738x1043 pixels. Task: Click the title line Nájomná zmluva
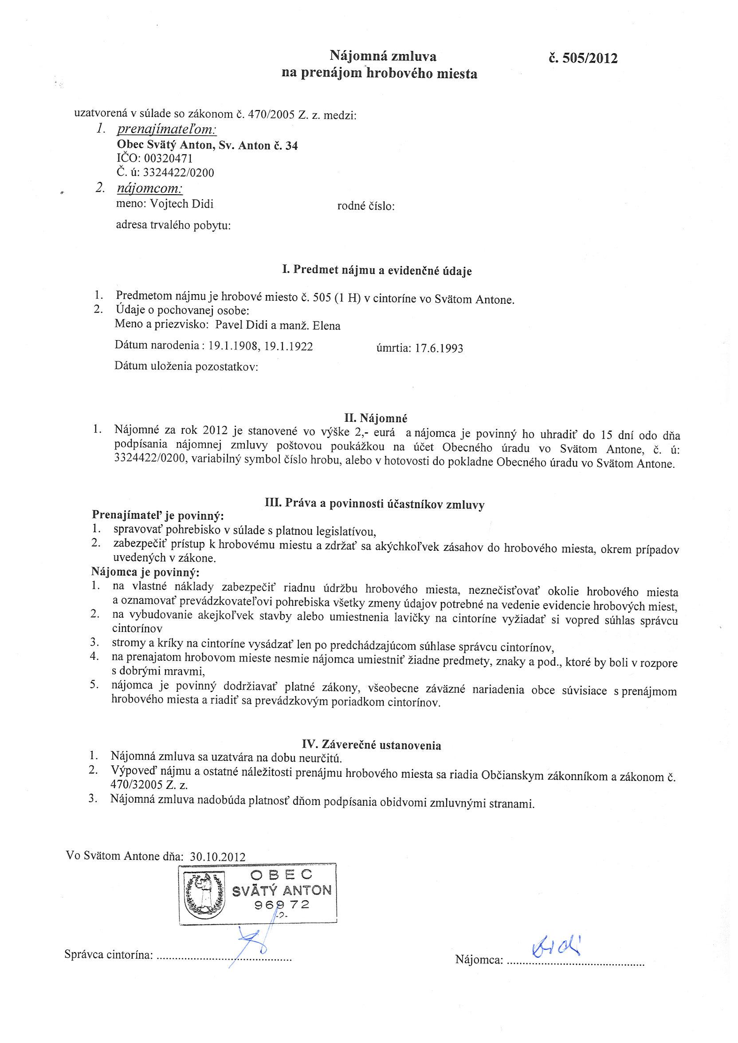coord(383,56)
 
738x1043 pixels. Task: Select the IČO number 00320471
coord(168,159)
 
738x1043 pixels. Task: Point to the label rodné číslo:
coord(366,207)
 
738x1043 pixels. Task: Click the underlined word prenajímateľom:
coord(167,130)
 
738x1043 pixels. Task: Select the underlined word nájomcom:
coord(150,188)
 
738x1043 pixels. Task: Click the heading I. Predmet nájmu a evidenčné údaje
coord(377,271)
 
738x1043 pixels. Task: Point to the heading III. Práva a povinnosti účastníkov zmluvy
coord(374,504)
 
